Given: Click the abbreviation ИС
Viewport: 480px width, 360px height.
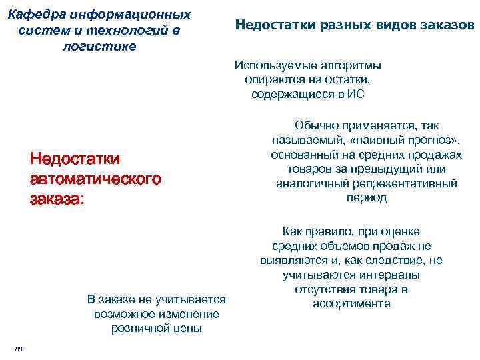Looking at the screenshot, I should tap(357, 94).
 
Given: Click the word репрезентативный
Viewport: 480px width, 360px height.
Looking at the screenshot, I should tap(413, 183).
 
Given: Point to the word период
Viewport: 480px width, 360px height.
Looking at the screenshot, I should tap(367, 198).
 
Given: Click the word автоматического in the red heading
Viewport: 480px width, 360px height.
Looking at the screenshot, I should tap(95, 179).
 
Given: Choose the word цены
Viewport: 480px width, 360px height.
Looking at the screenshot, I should tap(187, 329).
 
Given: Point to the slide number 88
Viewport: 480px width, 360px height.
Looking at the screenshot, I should tap(19, 349).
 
